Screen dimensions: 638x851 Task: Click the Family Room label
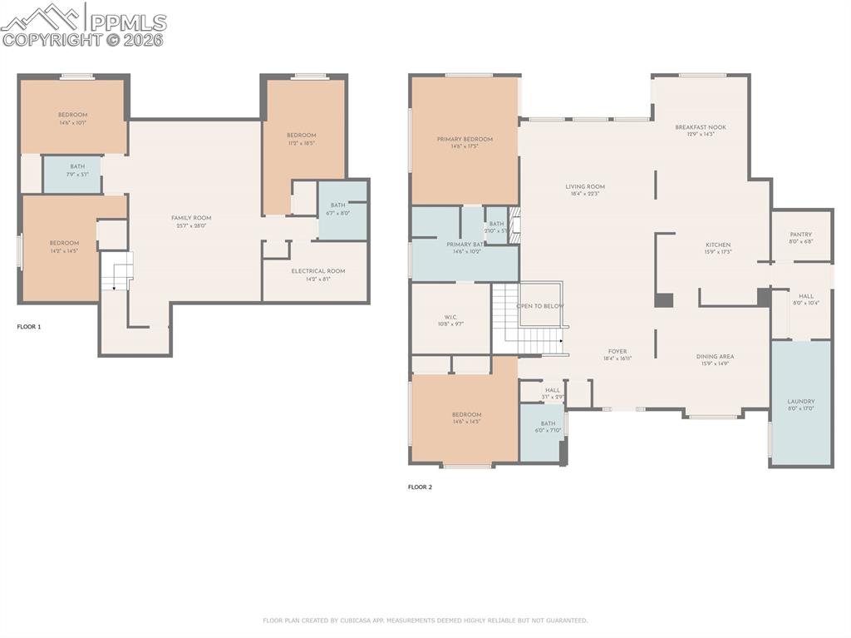click(x=191, y=218)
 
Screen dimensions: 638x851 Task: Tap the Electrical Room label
click(x=317, y=271)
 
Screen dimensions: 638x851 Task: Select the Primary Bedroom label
click(x=465, y=139)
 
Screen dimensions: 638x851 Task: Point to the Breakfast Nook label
click(x=700, y=127)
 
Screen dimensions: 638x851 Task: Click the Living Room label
click(x=585, y=187)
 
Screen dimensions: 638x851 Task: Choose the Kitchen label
click(x=718, y=245)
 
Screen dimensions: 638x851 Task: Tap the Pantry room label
click(x=800, y=235)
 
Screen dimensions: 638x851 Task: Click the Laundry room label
click(x=800, y=402)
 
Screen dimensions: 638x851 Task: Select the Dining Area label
click(x=715, y=356)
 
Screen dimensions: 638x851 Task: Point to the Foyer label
click(x=617, y=352)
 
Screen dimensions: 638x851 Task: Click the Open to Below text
click(x=540, y=306)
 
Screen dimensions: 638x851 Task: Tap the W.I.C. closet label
click(x=450, y=317)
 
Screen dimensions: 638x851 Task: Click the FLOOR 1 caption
click(x=29, y=327)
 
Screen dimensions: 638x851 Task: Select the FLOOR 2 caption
click(x=420, y=487)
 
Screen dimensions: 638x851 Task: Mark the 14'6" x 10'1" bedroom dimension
click(x=73, y=122)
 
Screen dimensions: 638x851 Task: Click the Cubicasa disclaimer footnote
click(x=425, y=621)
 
